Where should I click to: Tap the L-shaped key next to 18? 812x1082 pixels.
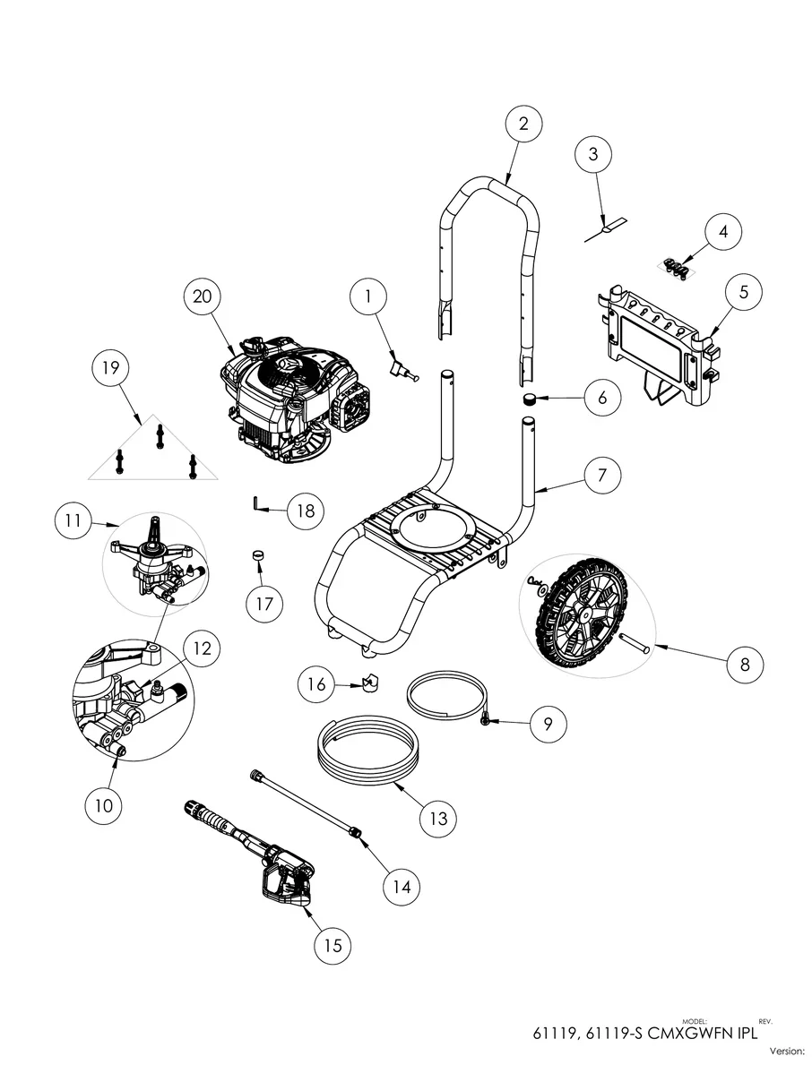pos(255,506)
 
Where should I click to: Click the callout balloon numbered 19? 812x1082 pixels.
pos(117,369)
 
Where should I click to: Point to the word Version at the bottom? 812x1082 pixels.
pos(787,1051)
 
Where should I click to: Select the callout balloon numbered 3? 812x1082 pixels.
pos(593,155)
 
